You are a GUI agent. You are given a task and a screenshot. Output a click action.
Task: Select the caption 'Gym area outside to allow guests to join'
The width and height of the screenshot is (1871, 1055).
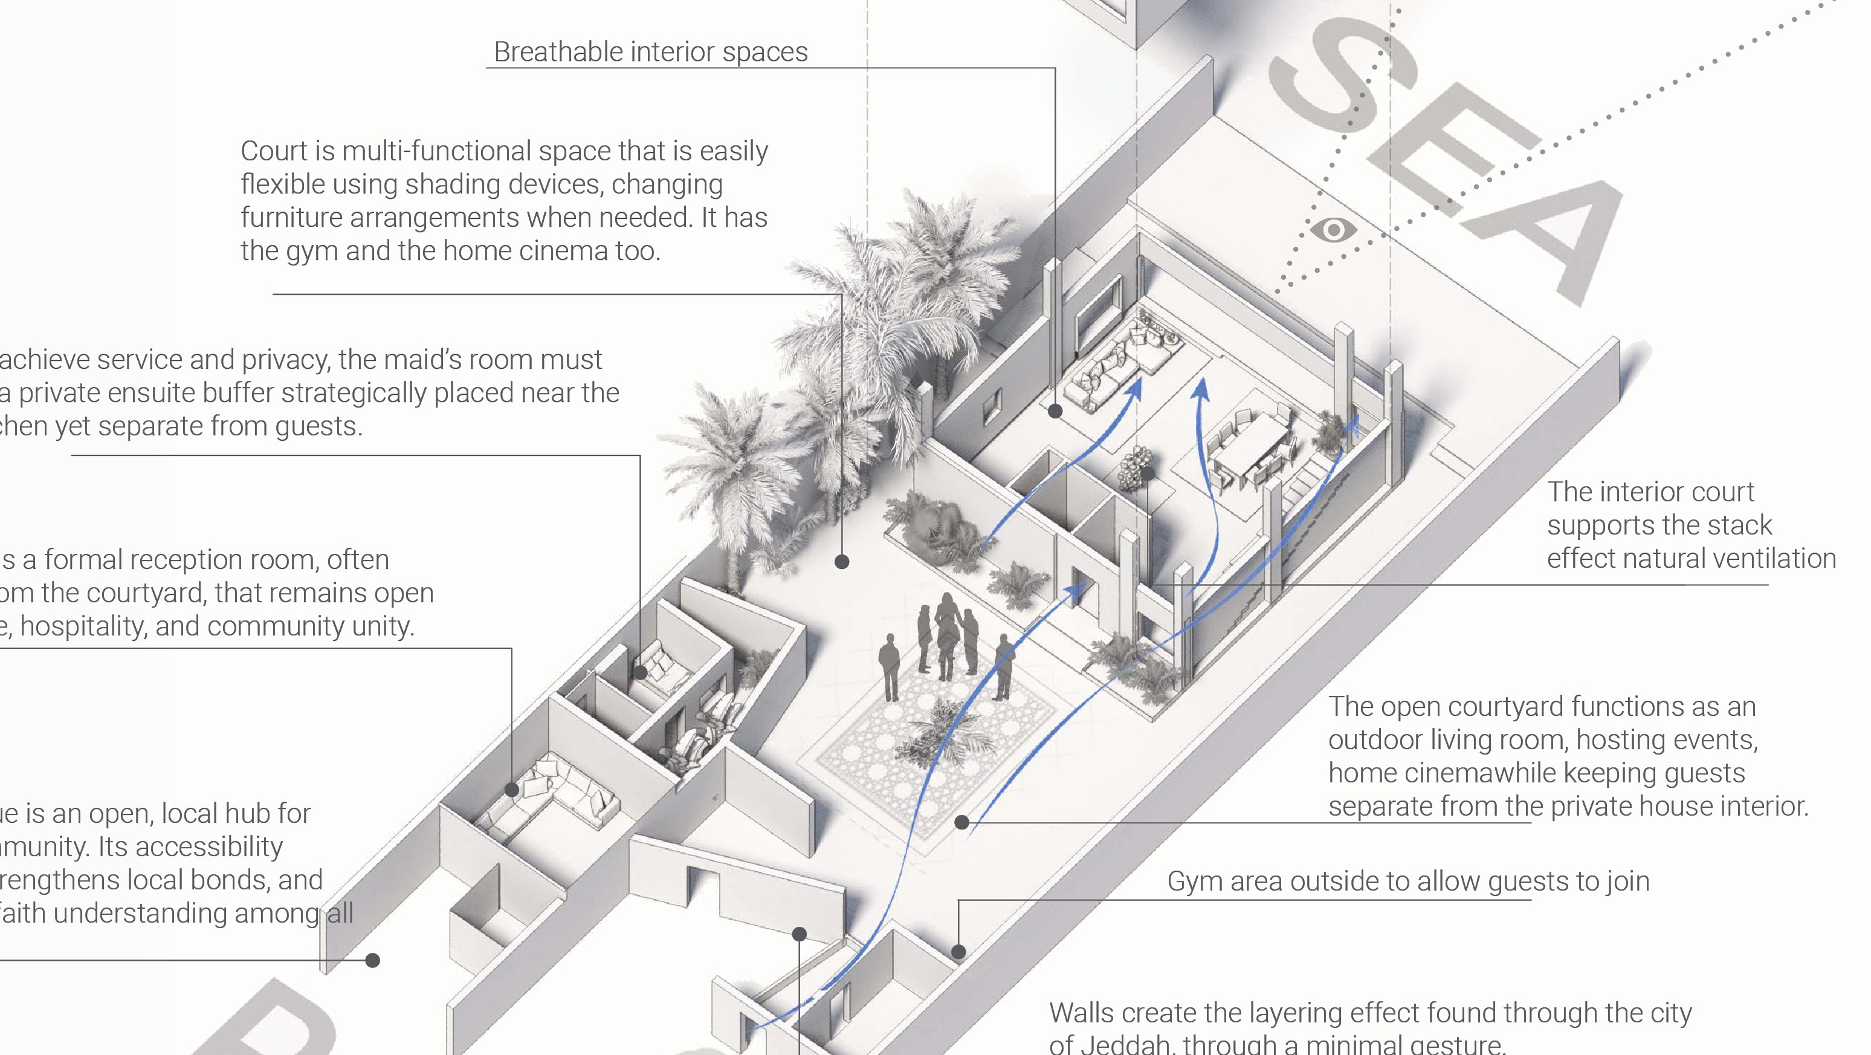tap(1407, 881)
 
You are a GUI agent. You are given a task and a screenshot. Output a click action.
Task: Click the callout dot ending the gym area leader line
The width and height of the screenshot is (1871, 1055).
tap(958, 952)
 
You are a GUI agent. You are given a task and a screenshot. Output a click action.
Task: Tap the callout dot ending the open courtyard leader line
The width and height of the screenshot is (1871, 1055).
tap(961, 822)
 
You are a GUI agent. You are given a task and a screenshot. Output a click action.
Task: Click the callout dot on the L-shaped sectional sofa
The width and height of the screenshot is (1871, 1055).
tap(512, 790)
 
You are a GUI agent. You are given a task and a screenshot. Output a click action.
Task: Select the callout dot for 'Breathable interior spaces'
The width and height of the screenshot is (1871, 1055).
tap(1055, 411)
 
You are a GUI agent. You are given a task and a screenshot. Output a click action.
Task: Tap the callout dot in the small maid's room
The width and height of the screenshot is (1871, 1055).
tap(640, 672)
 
